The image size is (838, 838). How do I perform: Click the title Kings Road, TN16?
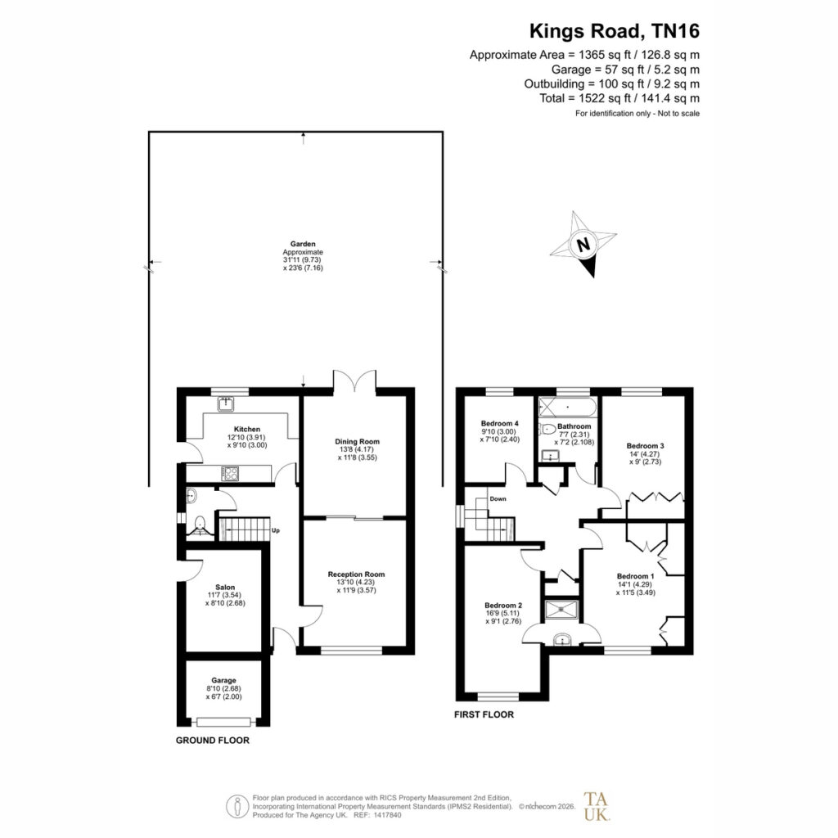[x=614, y=31]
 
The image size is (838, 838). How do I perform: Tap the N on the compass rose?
[x=583, y=244]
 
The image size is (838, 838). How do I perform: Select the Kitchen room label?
[x=247, y=429]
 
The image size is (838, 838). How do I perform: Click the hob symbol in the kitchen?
[x=230, y=474]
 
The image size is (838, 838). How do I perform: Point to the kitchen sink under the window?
[x=226, y=404]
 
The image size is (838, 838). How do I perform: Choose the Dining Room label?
[x=357, y=441]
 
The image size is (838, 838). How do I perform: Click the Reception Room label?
[x=357, y=574]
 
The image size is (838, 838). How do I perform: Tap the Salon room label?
[x=225, y=587]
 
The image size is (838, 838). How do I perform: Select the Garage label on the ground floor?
[x=223, y=680]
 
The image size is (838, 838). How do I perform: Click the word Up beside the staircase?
[x=276, y=530]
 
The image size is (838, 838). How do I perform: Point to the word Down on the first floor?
[x=498, y=498]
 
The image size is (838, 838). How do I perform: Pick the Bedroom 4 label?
[x=500, y=423]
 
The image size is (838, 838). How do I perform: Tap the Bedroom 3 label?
[x=645, y=446]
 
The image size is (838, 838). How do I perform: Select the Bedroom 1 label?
[x=635, y=576]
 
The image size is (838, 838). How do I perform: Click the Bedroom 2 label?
[x=503, y=606]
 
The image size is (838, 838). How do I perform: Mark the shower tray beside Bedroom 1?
[x=561, y=610]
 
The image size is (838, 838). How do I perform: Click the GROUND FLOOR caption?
[x=213, y=740]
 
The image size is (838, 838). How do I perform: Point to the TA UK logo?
[x=597, y=806]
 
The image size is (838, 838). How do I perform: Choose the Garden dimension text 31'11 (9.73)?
[x=303, y=259]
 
